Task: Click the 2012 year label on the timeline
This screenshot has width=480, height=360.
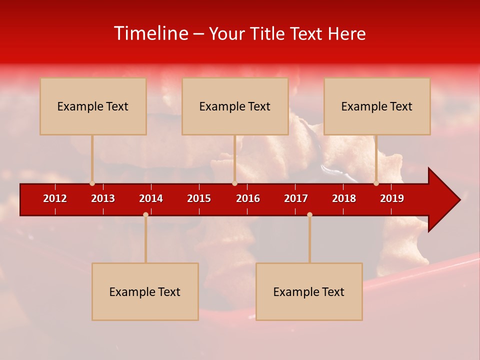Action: pos(55,198)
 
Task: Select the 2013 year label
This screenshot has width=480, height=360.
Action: pos(103,198)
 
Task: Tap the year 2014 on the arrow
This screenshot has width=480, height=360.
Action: pos(151,198)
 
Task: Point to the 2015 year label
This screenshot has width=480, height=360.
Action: pos(199,198)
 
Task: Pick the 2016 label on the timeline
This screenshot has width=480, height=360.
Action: pos(248,198)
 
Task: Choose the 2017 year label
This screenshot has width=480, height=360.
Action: pos(296,198)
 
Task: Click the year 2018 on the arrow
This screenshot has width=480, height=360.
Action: pos(344,198)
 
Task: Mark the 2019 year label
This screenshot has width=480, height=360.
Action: pos(392,198)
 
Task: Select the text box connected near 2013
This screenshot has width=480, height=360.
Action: pos(93,106)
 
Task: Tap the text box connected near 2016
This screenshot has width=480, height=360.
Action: pos(235,106)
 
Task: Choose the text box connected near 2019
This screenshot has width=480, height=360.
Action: pos(377,106)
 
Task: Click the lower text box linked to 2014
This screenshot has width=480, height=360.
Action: pos(145,291)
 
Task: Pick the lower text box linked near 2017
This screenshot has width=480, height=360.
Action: pos(309,291)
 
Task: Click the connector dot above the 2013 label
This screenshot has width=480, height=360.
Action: pos(92,183)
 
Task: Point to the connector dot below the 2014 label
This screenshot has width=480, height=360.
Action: pos(145,214)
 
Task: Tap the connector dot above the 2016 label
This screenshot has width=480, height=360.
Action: pos(234,183)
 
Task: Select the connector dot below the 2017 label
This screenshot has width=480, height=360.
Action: pos(309,214)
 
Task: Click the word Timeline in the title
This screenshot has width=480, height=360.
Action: pos(151,33)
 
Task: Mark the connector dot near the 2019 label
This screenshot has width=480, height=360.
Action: pos(376,183)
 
